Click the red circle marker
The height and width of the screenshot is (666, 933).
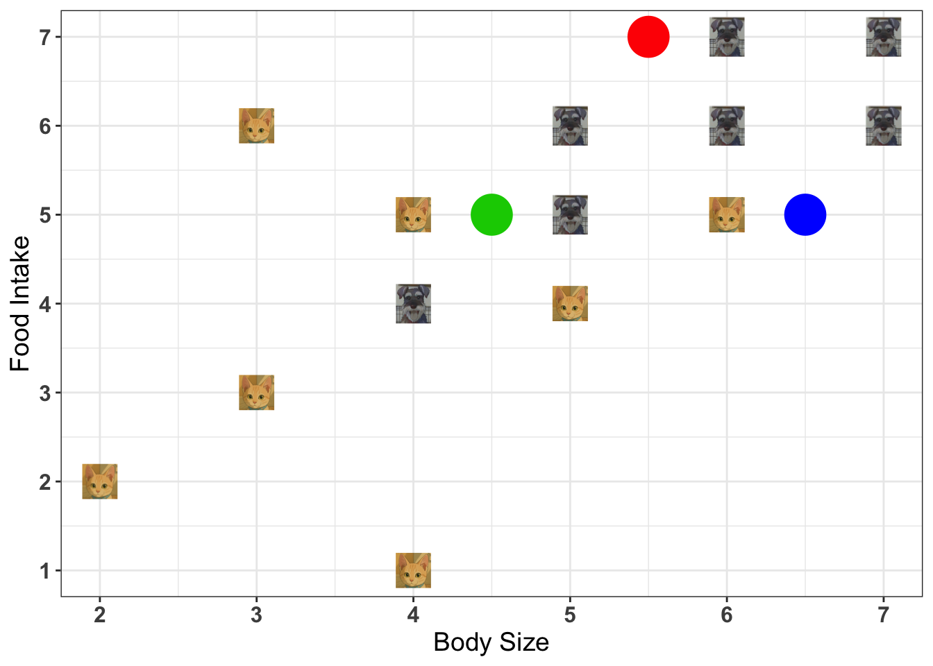click(x=648, y=37)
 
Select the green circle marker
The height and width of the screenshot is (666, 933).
click(x=491, y=215)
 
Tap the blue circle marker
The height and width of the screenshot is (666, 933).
click(x=805, y=215)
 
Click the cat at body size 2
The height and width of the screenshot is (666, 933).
click(x=100, y=481)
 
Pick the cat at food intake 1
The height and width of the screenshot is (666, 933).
click(x=414, y=570)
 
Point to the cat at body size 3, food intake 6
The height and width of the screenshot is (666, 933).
click(x=257, y=126)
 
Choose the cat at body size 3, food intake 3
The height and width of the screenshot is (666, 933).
click(x=257, y=393)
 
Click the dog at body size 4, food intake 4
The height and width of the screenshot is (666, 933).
click(x=414, y=304)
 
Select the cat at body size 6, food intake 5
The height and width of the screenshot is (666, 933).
click(x=727, y=215)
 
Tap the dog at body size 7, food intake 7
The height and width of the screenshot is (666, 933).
click(x=884, y=37)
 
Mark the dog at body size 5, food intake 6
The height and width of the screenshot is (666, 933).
click(x=570, y=126)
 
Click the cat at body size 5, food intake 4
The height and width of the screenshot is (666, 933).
click(x=570, y=304)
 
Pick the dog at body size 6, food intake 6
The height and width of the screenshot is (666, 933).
click(x=727, y=126)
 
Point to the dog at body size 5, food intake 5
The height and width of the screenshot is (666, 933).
click(x=570, y=215)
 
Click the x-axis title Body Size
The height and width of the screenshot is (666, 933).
click(x=491, y=642)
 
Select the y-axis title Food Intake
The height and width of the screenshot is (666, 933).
click(x=20, y=304)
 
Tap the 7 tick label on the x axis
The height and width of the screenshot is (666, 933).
click(x=884, y=615)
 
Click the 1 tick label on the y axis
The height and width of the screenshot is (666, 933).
click(x=45, y=571)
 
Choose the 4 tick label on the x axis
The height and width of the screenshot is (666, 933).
click(x=414, y=615)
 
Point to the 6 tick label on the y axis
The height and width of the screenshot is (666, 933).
click(x=45, y=126)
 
